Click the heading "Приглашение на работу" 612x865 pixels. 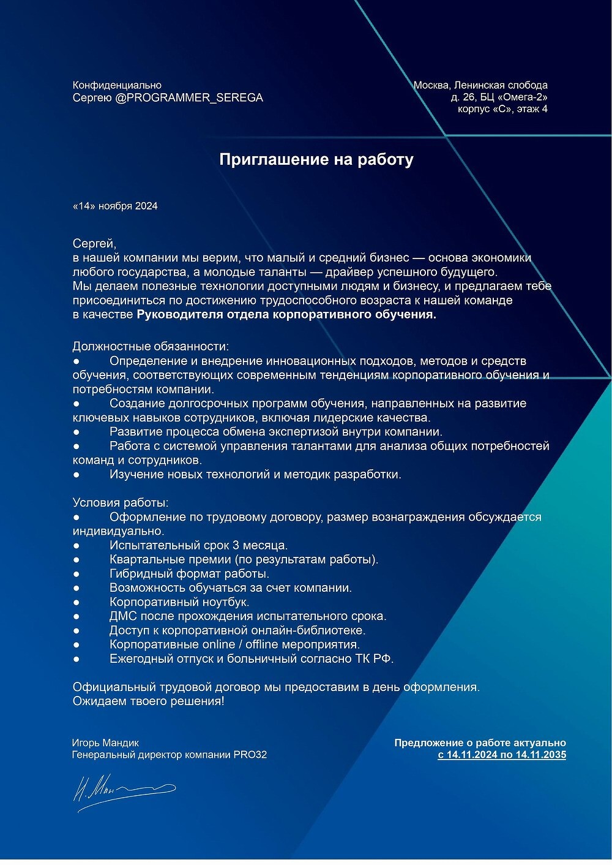point(316,160)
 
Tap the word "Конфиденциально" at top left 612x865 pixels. point(117,85)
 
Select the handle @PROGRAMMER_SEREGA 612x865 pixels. point(189,97)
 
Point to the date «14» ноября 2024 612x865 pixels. point(115,206)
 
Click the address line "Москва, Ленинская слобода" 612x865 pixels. point(480,85)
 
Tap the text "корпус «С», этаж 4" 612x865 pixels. point(502,109)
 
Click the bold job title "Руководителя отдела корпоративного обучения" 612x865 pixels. point(286,315)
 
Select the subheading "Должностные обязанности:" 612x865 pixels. point(151,347)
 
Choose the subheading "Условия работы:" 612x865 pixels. point(121,502)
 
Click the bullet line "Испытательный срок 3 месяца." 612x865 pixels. point(198,545)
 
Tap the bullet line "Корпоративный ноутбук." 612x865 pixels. point(179,602)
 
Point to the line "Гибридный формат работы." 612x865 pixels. point(189,574)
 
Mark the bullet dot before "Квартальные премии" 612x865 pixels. point(76,560)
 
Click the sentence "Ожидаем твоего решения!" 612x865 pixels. point(149,701)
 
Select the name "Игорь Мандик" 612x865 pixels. point(105,743)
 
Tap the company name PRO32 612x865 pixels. point(250,755)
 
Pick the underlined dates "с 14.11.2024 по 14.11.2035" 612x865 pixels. point(502,755)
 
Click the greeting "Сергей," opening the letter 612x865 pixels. point(94,244)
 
